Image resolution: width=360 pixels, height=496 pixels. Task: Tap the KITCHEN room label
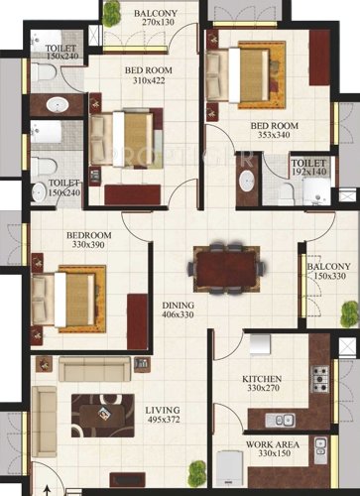263,379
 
